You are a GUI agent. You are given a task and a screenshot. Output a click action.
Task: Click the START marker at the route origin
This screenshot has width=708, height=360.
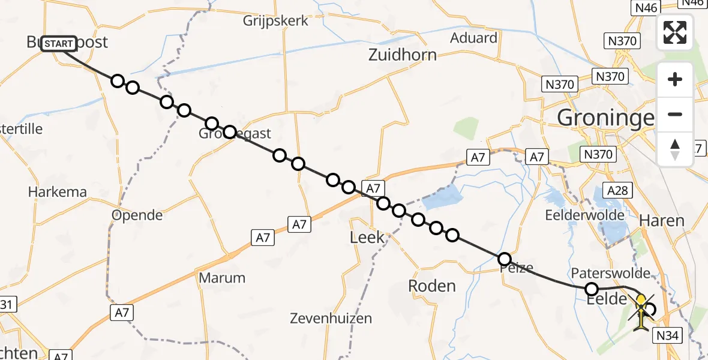pos(59,44)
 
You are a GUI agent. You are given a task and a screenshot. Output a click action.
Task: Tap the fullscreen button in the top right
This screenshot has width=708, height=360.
pos(675,32)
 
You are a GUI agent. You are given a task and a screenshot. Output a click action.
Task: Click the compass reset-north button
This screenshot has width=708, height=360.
pos(675,149)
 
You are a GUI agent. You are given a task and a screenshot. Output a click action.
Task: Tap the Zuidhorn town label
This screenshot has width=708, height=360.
pos(403,56)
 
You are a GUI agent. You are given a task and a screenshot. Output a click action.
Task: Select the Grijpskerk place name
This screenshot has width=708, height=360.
pos(276,21)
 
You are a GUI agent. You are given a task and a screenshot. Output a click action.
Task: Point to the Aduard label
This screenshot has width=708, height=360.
pos(474,38)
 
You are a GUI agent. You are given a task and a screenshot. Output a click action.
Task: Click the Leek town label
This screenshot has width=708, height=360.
pos(367,238)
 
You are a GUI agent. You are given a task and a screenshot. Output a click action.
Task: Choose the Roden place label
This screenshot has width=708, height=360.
pos(432,286)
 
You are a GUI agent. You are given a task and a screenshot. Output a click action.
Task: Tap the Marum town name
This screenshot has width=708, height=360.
pos(222,278)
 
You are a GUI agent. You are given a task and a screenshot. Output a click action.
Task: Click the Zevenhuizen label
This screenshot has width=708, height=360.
pos(331,319)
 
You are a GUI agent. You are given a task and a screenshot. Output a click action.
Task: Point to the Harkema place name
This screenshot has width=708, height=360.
pos(58,193)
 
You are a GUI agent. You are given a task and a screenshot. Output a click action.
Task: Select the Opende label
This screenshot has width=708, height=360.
pos(137,215)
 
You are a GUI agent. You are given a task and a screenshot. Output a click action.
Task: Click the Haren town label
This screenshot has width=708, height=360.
pos(662,221)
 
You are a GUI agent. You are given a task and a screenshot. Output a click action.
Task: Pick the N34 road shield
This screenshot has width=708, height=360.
pos(667,335)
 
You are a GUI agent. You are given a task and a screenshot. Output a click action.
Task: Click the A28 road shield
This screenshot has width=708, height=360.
pos(617,191)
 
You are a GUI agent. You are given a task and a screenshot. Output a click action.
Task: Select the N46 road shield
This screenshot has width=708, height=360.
pos(645,7)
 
